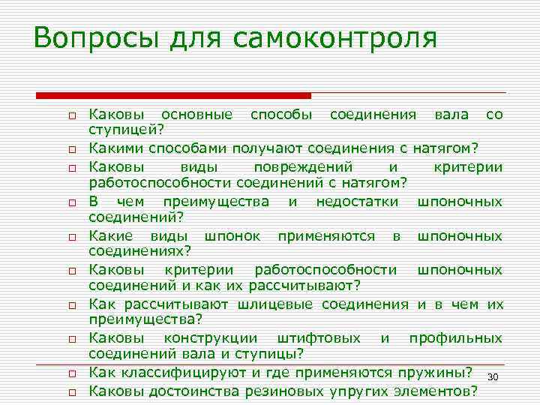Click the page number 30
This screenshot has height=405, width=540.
click(x=492, y=376)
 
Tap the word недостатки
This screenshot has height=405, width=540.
click(x=352, y=201)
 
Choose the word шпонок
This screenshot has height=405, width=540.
click(x=233, y=236)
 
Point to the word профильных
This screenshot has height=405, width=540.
click(x=455, y=338)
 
